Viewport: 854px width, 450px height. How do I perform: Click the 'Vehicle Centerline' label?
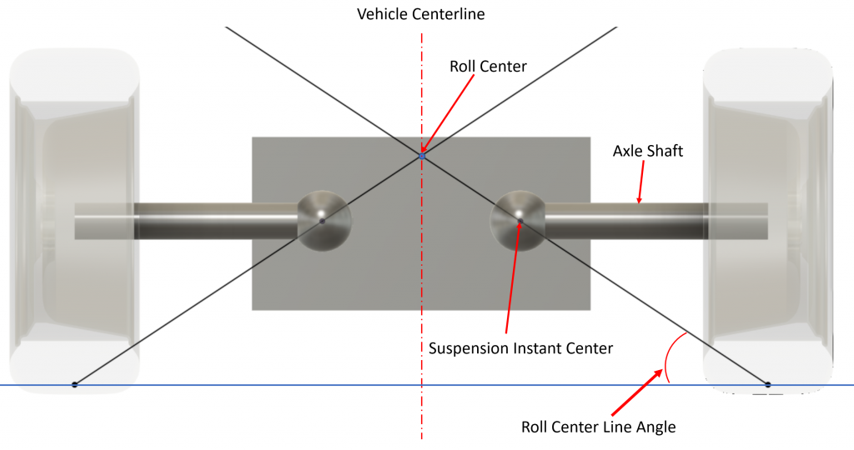420,14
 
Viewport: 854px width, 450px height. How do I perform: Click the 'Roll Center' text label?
488,66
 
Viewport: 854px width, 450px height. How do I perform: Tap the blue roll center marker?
422,155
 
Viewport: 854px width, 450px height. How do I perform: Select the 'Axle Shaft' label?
648,151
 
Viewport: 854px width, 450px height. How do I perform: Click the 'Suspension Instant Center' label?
520,348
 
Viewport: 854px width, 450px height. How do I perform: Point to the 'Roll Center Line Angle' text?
598,427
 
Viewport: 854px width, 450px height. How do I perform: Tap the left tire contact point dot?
75,384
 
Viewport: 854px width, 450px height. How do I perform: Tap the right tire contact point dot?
768,384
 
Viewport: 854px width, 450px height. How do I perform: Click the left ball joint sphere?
324,220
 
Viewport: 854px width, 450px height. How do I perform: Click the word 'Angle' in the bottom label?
654,427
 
